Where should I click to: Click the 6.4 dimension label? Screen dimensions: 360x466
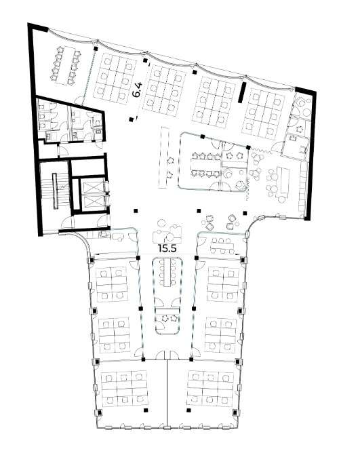click(x=137, y=90)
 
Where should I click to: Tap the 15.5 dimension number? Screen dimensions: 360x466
click(x=167, y=248)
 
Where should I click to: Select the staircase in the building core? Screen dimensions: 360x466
click(x=55, y=191)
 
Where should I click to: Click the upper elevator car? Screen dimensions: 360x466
click(x=93, y=187)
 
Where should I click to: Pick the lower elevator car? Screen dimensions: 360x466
click(x=93, y=203)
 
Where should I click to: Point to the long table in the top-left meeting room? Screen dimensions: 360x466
click(x=66, y=65)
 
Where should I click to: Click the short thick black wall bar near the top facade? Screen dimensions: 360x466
click(x=243, y=92)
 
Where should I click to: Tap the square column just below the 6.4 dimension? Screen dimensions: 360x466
click(x=132, y=119)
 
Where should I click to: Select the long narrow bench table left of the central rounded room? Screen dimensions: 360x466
click(x=164, y=157)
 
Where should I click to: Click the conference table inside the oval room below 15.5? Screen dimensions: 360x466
click(x=167, y=273)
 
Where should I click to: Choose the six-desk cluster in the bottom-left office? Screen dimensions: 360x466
click(x=124, y=389)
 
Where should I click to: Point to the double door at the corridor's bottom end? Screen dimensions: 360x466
click(x=168, y=355)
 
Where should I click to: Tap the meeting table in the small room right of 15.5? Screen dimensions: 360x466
click(x=222, y=246)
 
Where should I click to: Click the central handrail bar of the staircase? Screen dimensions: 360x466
click(x=55, y=191)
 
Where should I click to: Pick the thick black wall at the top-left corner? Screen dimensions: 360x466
click(x=38, y=26)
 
